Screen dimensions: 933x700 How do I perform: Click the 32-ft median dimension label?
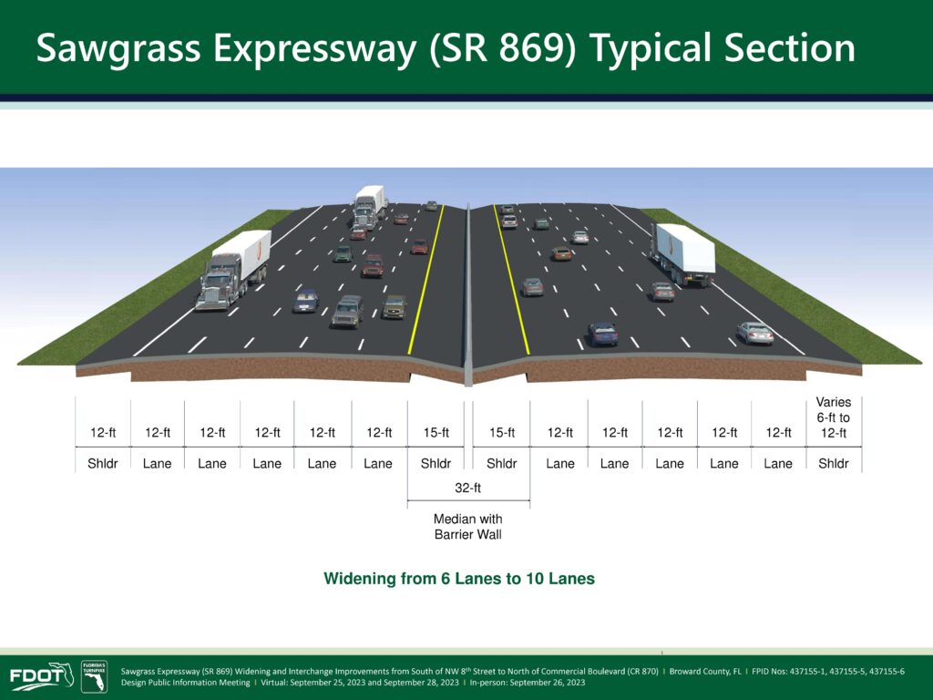click(x=467, y=489)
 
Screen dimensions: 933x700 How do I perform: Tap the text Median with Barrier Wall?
click(x=467, y=527)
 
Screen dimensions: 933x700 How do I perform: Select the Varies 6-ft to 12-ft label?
click(x=833, y=417)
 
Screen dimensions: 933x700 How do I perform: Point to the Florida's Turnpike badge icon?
click(x=94, y=676)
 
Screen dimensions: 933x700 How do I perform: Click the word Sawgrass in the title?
click(x=118, y=48)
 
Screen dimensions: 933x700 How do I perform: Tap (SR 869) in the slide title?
click(x=503, y=48)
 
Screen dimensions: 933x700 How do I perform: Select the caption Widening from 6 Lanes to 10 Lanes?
click(x=459, y=579)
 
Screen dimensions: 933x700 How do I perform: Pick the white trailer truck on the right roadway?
click(x=683, y=254)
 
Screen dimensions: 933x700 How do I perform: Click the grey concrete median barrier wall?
click(x=468, y=294)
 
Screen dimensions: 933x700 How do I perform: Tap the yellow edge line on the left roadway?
click(x=426, y=280)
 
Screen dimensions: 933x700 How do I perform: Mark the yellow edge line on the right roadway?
click(x=511, y=280)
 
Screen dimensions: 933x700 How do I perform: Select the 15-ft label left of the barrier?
click(x=436, y=433)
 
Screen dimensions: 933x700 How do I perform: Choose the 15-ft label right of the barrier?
click(x=502, y=433)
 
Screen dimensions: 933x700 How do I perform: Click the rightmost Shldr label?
click(x=833, y=463)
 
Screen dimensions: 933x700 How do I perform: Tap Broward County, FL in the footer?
click(x=705, y=672)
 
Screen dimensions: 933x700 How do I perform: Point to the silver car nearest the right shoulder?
click(x=755, y=334)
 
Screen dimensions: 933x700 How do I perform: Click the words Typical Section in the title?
click(x=723, y=48)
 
